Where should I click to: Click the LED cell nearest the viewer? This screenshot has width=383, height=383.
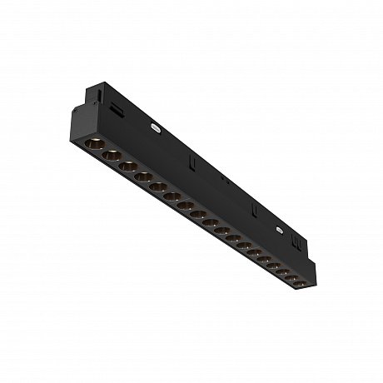tap(93, 145)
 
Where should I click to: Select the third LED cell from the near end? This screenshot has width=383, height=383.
tap(127, 166)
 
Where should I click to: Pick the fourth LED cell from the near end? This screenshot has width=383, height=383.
tap(143, 177)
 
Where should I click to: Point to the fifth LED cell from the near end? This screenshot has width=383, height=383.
tap(158, 187)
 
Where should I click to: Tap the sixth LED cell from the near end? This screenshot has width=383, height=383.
tap(172, 196)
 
